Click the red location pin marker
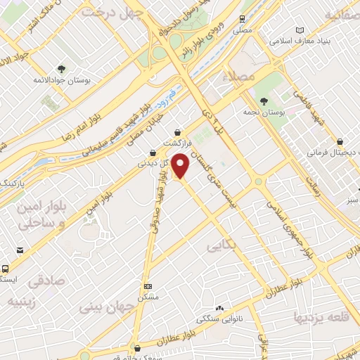[x=181, y=165]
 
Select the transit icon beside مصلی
[x=242, y=19]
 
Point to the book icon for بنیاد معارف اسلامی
[x=300, y=30]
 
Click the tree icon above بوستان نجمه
[x=264, y=101]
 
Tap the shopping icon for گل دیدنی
[x=153, y=153]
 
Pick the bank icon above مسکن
[x=147, y=286]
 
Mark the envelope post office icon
[x=20, y=250]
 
